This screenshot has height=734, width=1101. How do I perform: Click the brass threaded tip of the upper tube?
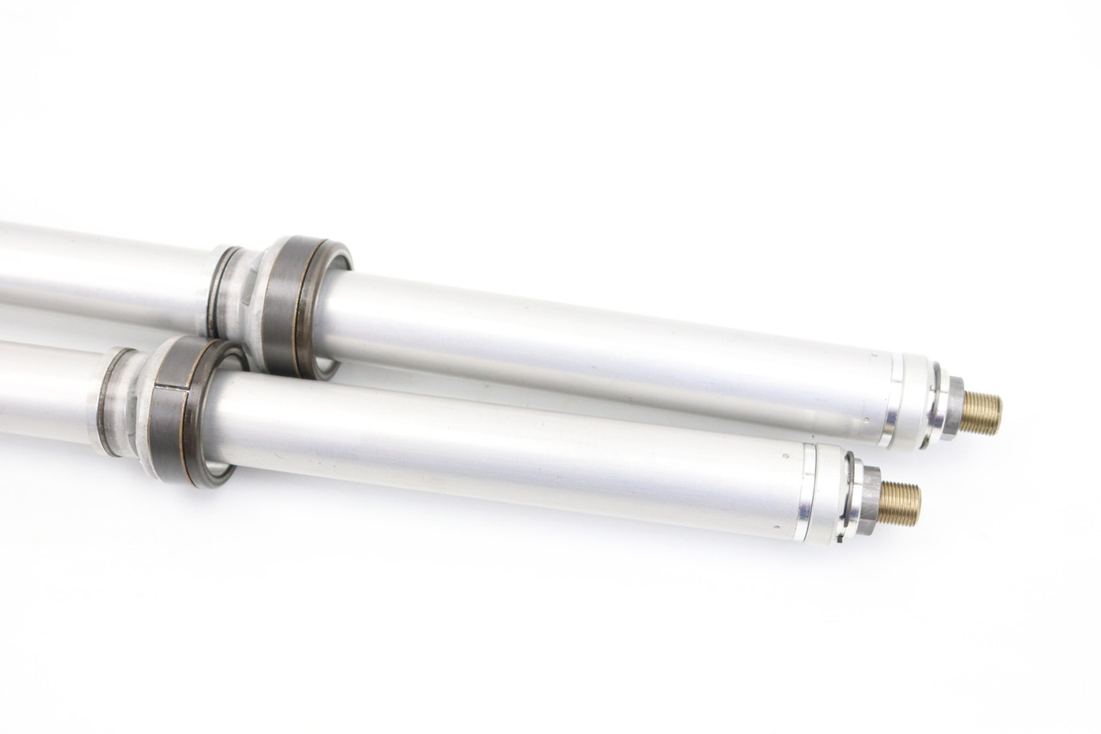pyautogui.click(x=981, y=413)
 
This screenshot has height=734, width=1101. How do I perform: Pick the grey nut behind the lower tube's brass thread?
pyautogui.click(x=870, y=500)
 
